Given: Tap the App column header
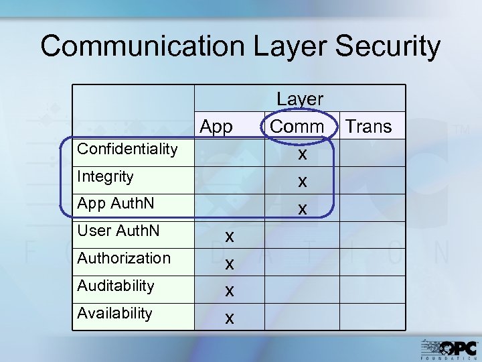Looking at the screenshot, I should (216, 126).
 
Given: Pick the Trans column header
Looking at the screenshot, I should (368, 126).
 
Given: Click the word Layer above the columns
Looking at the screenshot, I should (300, 99).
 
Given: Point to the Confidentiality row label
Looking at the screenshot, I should (127, 149).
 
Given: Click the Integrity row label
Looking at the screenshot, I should (105, 177).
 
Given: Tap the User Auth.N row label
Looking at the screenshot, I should (118, 231).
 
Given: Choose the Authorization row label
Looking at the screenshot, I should (124, 258).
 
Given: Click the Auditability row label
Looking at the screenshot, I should (116, 286).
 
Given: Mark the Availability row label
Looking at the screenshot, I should (114, 313).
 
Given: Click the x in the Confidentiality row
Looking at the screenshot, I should (303, 154).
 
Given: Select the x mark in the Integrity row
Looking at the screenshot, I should (303, 182).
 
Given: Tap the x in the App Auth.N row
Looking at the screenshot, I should (303, 209).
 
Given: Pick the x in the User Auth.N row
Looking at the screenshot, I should (229, 236).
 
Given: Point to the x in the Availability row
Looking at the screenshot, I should (229, 318).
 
